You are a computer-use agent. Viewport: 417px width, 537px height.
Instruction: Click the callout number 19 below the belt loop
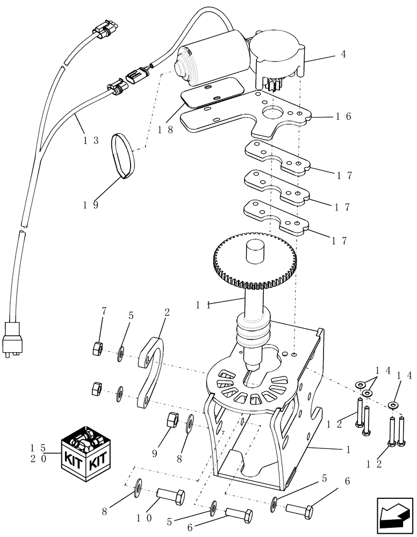[91, 205]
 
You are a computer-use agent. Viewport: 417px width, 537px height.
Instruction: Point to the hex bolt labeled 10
[171, 495]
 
